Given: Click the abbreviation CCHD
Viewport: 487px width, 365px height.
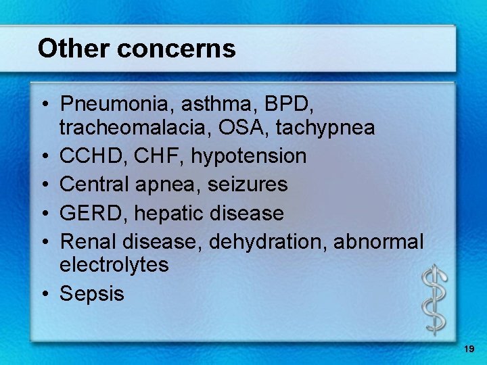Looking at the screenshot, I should (x=89, y=156).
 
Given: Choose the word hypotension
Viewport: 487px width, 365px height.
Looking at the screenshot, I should (x=249, y=157).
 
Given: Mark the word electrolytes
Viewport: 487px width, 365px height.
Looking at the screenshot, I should (x=114, y=264).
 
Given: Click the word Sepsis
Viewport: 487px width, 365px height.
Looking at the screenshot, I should (x=92, y=293).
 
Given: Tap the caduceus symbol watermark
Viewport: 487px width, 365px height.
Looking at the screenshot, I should (x=434, y=298).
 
